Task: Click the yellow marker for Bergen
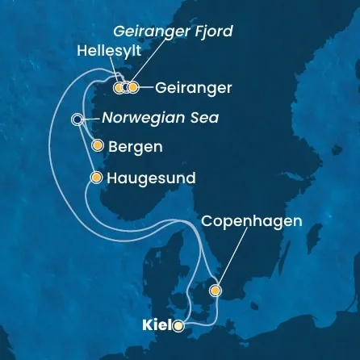[x=98, y=147]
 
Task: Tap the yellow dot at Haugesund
[x=98, y=178]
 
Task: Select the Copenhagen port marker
[x=215, y=290]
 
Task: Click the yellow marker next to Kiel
[x=178, y=327]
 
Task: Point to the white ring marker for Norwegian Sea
[x=77, y=119]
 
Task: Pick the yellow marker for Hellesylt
[x=119, y=87]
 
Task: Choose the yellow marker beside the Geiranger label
[x=134, y=87]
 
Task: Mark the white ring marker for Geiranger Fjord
[x=126, y=87]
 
